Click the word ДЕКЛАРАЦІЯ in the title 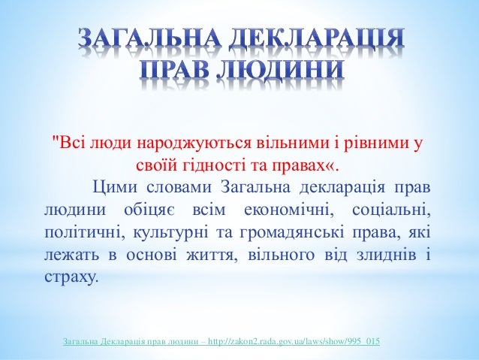tap(330, 38)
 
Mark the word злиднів tap(377, 251)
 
